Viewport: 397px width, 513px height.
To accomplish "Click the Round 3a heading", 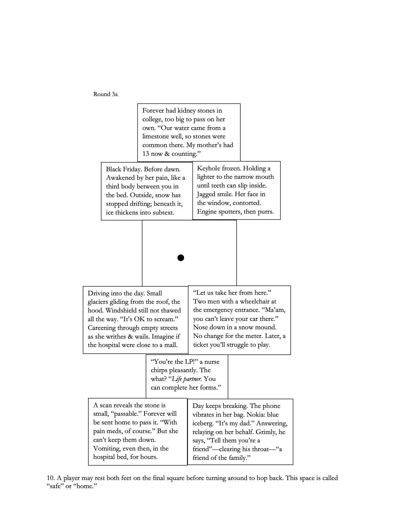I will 105,94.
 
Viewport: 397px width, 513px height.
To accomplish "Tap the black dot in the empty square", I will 181,258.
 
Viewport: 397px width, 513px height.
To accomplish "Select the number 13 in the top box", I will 146,154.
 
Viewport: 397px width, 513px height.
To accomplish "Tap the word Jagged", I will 208,194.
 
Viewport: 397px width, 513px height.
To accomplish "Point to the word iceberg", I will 203,423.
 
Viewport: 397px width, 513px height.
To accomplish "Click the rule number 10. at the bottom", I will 51,478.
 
